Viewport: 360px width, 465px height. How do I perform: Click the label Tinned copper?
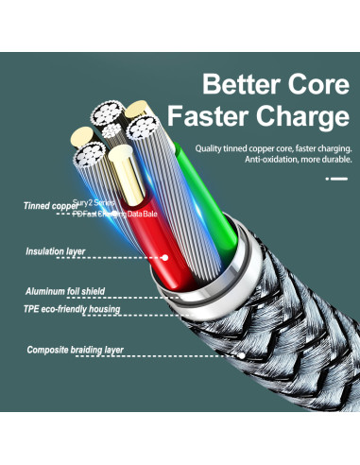pyautogui.click(x=51, y=205)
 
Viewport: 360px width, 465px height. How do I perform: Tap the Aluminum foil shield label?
pyautogui.click(x=64, y=292)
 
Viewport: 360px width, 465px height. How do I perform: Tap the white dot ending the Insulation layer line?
pyautogui.click(x=164, y=255)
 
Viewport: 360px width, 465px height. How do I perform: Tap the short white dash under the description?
pyautogui.click(x=336, y=178)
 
